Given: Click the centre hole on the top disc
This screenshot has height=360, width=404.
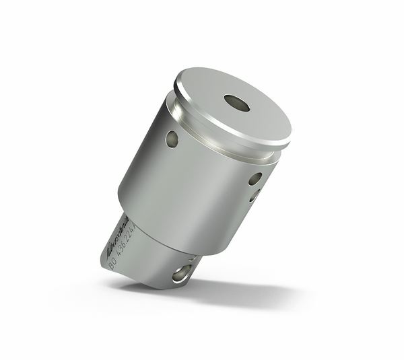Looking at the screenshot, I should click(x=236, y=103).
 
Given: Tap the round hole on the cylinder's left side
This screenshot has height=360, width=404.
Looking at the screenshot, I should click(x=172, y=139).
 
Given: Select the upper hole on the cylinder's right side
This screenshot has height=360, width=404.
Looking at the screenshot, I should click(x=255, y=179).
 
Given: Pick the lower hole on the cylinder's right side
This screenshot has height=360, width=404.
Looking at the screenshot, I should click(x=254, y=196).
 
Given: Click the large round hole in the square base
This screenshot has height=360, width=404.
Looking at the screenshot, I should click(x=181, y=273).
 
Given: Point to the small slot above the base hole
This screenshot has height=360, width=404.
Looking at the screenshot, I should click(x=192, y=258).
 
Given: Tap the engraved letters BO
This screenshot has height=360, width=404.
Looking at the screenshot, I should click(x=112, y=264).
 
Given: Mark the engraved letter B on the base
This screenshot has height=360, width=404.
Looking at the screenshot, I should click(x=110, y=267).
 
